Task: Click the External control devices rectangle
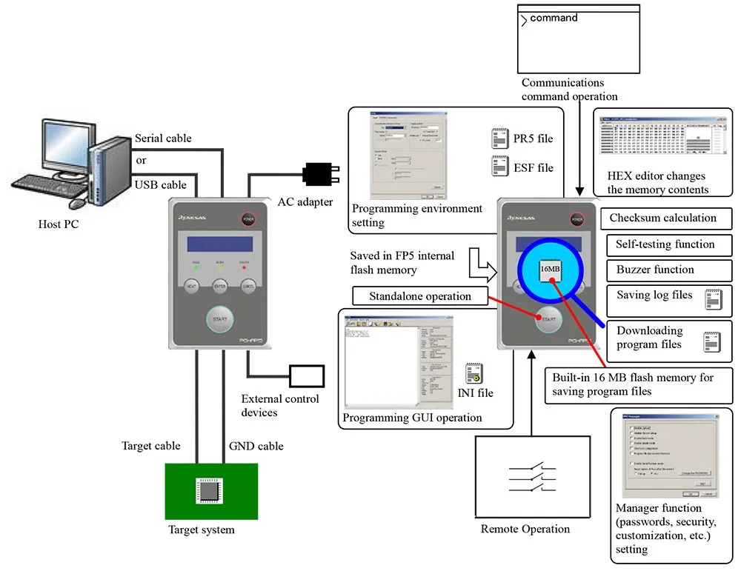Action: (306, 375)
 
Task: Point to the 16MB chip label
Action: (551, 269)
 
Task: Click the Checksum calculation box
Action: (662, 218)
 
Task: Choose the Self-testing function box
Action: (665, 244)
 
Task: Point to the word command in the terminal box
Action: (554, 18)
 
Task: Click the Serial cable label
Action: (163, 138)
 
